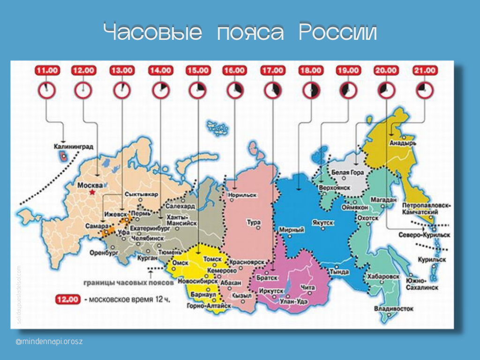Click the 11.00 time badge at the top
(x=46, y=70)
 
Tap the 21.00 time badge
(x=425, y=70)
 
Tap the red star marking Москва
(x=93, y=193)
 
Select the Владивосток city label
(x=394, y=308)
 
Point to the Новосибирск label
(x=199, y=281)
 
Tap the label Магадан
(x=384, y=200)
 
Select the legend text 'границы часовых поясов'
(x=128, y=283)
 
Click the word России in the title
(x=337, y=33)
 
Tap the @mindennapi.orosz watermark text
(x=49, y=342)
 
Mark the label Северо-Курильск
(x=424, y=234)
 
